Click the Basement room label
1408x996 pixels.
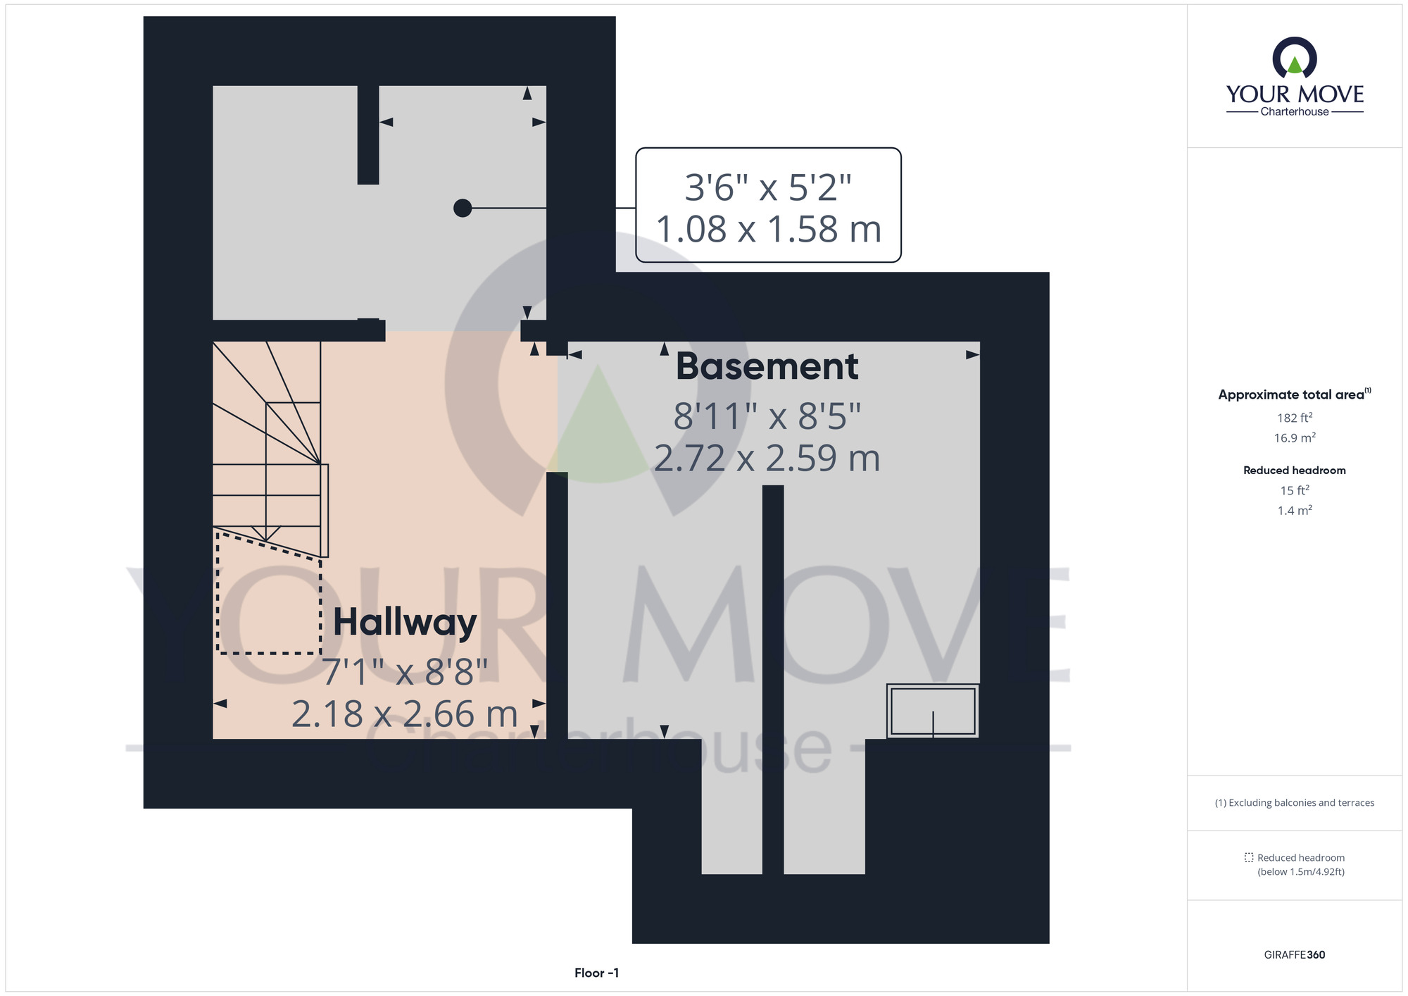[767, 367]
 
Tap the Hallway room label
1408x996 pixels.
[405, 623]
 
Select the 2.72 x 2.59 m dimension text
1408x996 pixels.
[767, 459]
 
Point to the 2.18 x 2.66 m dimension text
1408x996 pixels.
[405, 714]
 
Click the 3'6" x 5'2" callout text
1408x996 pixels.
[768, 187]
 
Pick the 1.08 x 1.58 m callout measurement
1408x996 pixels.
[768, 230]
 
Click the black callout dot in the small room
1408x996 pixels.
[463, 208]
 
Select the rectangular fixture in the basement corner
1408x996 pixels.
[933, 711]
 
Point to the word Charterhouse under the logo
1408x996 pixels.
[1295, 112]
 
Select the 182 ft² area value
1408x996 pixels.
[1295, 418]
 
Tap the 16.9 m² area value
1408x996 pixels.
[1295, 438]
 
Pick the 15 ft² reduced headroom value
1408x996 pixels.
[1295, 490]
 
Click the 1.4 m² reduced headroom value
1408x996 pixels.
[1295, 511]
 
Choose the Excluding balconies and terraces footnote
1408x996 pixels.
[1295, 803]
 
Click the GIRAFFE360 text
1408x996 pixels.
[1295, 955]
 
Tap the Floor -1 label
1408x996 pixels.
[596, 973]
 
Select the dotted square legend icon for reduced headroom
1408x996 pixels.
[1249, 858]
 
